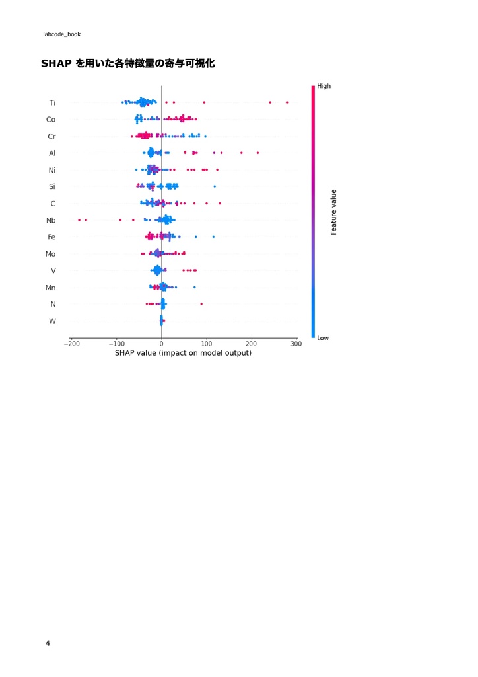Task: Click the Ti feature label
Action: click(x=52, y=102)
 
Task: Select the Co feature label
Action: click(x=51, y=120)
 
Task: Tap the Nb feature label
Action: click(x=51, y=220)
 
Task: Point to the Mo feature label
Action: click(x=50, y=254)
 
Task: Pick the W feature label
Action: click(x=52, y=321)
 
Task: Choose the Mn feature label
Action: click(x=50, y=288)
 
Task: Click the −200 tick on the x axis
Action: click(x=71, y=344)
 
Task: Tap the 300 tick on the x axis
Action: click(x=296, y=344)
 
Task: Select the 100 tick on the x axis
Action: click(x=207, y=344)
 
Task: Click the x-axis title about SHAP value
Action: click(x=183, y=353)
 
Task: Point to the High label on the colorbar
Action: click(x=324, y=86)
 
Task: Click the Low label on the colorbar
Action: click(x=323, y=338)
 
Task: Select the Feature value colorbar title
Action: click(x=334, y=212)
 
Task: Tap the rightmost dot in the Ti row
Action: click(x=287, y=102)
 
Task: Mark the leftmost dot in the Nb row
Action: click(x=79, y=219)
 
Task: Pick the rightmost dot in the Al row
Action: click(x=257, y=153)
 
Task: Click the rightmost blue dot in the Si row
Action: click(x=215, y=186)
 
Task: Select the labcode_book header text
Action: click(x=61, y=34)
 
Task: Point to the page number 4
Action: click(x=48, y=643)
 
